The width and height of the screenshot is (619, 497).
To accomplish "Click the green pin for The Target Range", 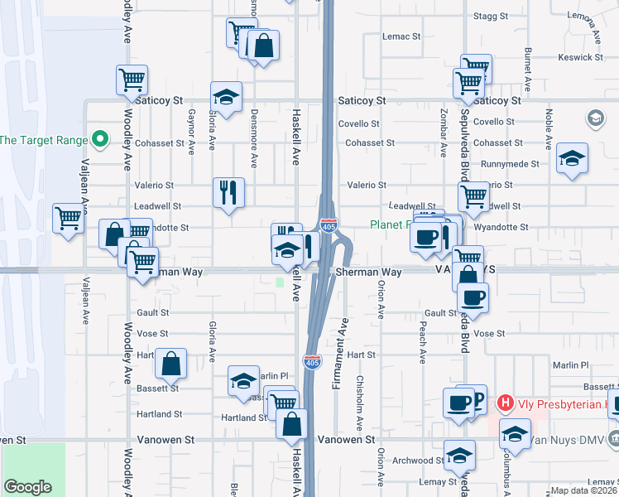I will (100, 138).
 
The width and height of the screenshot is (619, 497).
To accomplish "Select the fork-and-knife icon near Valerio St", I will (228, 192).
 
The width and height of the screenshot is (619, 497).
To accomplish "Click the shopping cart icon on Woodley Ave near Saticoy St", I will (132, 80).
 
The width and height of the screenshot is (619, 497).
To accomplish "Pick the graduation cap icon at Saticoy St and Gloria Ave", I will (226, 97).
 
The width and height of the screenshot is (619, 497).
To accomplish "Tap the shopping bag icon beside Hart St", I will (170, 363).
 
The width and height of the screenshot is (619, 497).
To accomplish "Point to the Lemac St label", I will (401, 36).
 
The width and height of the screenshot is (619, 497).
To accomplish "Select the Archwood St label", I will (418, 461).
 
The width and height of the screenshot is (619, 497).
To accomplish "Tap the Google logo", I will (27, 487).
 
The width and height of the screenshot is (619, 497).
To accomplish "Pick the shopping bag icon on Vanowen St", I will (291, 424).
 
